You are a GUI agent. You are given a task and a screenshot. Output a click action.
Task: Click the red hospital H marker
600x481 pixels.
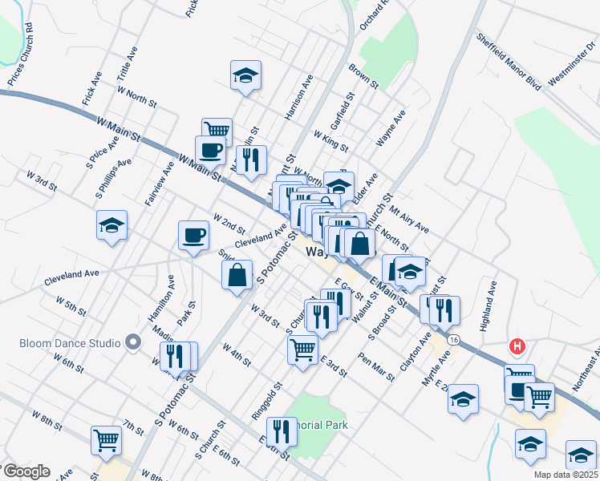pyautogui.click(x=518, y=347)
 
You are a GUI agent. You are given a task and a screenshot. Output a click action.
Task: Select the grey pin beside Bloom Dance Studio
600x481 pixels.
pyautogui.click(x=134, y=343)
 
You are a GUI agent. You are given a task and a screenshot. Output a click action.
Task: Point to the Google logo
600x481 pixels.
pyautogui.click(x=26, y=471)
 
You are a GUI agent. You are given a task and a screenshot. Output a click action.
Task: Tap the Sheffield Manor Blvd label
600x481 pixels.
pyautogui.click(x=509, y=61)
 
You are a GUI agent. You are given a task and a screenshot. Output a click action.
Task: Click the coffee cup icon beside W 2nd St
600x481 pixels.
pyautogui.click(x=194, y=236)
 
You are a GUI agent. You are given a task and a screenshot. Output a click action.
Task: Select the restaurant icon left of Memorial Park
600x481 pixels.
pyautogui.click(x=282, y=431)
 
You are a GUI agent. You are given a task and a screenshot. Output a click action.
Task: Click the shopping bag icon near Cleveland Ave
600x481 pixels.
pyautogui.click(x=238, y=276)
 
